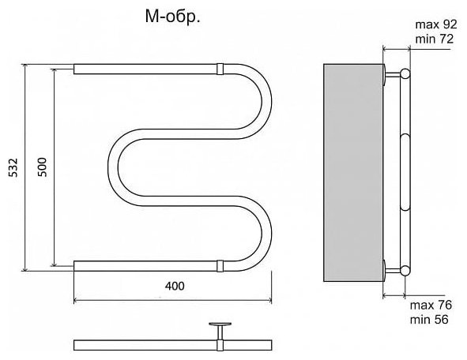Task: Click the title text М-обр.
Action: tap(173, 17)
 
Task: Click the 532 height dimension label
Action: tap(13, 167)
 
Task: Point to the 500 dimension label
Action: tap(43, 167)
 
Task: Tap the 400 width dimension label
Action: tap(175, 286)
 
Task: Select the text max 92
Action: tap(436, 24)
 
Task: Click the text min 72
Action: tap(435, 39)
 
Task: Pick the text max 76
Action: tap(431, 305)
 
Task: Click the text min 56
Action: tap(429, 320)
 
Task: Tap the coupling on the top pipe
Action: tap(220, 69)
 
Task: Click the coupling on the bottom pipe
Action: tap(220, 266)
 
